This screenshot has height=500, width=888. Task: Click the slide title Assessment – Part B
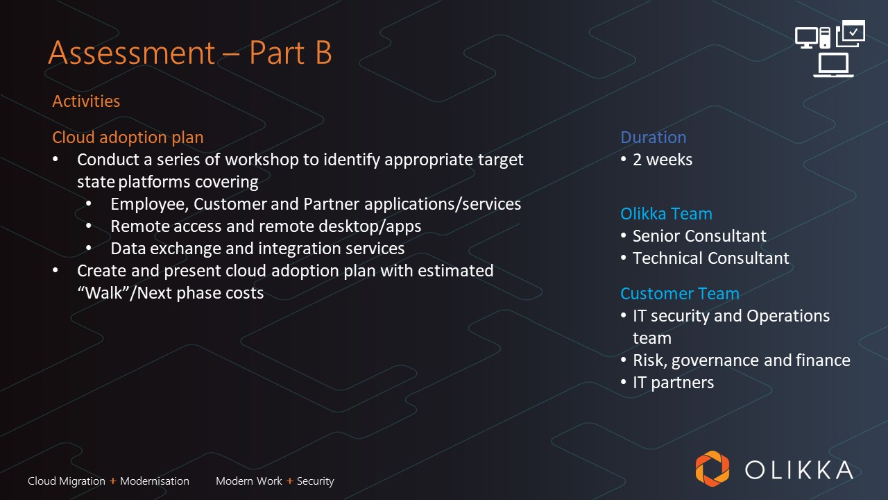[190, 52]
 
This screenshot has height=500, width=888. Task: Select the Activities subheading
[86, 101]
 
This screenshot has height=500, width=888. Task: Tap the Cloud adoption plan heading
[128, 137]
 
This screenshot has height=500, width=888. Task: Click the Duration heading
[654, 137]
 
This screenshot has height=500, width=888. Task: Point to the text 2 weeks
[663, 160]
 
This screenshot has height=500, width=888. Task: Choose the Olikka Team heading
[667, 214]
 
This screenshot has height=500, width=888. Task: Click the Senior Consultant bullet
[699, 236]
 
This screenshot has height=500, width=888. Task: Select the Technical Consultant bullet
[711, 258]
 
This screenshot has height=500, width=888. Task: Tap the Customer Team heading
[680, 294]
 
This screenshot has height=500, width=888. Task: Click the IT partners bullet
[673, 383]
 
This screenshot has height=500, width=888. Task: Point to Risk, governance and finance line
[742, 360]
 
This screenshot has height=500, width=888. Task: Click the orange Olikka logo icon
[712, 469]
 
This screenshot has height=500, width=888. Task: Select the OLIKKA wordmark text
[799, 470]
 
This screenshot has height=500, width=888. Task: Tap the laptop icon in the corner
[833, 65]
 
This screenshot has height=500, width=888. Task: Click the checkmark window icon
[851, 33]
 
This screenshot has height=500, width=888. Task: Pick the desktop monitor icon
[806, 38]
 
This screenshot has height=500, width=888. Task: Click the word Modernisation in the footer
[155, 481]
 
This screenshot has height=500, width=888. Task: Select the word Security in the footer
[316, 481]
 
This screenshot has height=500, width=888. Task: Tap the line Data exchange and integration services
[257, 249]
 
